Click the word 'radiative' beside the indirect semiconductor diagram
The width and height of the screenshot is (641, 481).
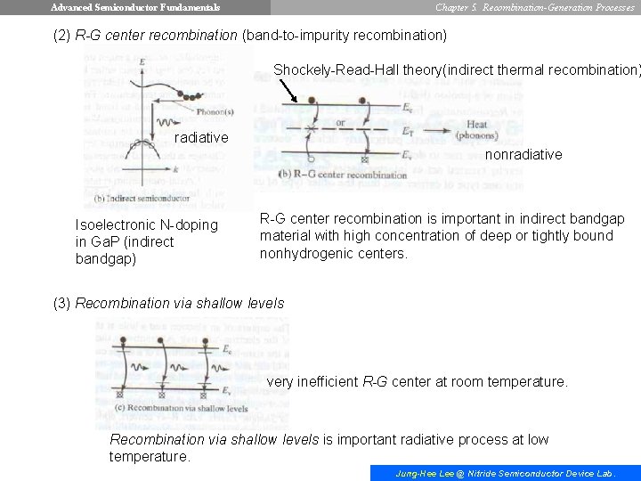click(201, 137)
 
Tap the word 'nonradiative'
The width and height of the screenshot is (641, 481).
click(523, 154)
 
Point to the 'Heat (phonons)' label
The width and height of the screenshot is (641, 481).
click(477, 131)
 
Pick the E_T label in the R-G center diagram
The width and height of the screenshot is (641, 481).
click(407, 130)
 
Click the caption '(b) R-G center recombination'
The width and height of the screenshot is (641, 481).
click(342, 174)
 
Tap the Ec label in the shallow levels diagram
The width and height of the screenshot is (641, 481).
click(229, 348)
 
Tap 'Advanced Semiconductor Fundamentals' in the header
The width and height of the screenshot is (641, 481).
click(135, 7)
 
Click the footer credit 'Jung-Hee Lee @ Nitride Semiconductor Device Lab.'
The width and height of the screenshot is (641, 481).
click(505, 473)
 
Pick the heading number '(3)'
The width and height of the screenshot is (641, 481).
click(62, 303)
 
